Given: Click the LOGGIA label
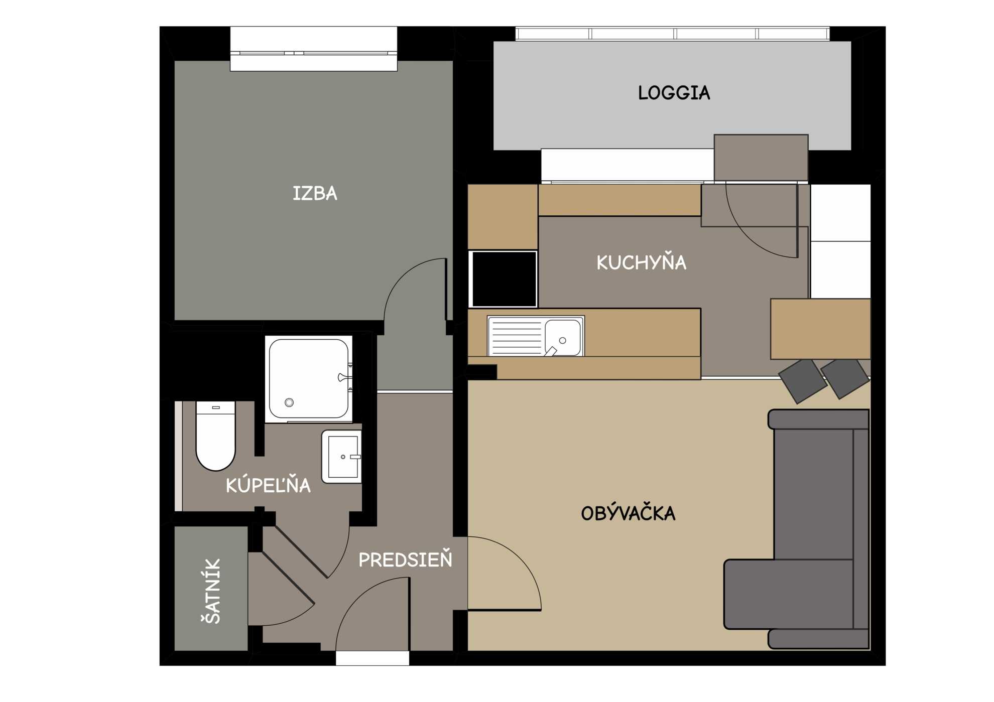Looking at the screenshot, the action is pyautogui.click(x=674, y=93).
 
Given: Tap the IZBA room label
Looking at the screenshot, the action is pyautogui.click(x=315, y=194).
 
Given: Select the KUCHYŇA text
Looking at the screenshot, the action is pyautogui.click(x=641, y=262).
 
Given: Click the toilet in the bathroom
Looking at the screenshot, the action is pyautogui.click(x=215, y=436).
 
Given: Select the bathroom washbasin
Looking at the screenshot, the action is pyautogui.click(x=341, y=456).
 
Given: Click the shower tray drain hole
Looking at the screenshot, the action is pyautogui.click(x=289, y=402).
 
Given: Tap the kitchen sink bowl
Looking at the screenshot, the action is pyautogui.click(x=563, y=337).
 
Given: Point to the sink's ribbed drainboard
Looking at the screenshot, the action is pyautogui.click(x=516, y=336).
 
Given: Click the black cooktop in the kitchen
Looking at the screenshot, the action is pyautogui.click(x=503, y=279).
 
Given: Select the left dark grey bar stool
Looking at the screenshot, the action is pyautogui.click(x=802, y=381).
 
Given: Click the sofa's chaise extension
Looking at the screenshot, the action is pyautogui.click(x=789, y=594).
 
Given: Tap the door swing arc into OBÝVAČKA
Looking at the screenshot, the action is pyautogui.click(x=523, y=557).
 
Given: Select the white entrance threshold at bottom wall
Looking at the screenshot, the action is pyautogui.click(x=372, y=658).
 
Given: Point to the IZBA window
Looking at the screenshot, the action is pyautogui.click(x=314, y=49).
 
